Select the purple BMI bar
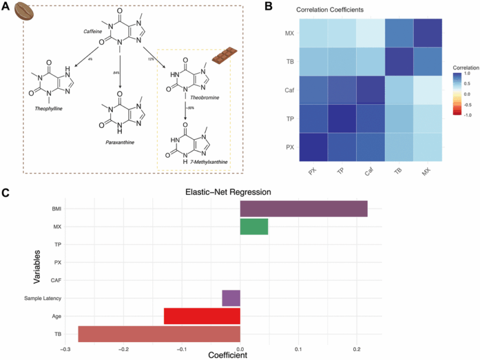tap(304, 209)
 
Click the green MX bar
tap(254, 227)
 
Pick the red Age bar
tap(202, 316)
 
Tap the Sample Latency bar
tap(231, 298)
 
